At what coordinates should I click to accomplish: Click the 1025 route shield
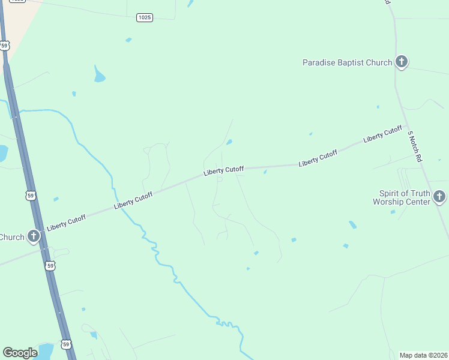pyautogui.click(x=144, y=17)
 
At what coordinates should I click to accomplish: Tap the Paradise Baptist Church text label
pyautogui.click(x=347, y=62)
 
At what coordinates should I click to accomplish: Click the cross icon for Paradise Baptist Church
pyautogui.click(x=402, y=62)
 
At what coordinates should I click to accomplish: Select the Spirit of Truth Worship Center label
pyautogui.click(x=405, y=197)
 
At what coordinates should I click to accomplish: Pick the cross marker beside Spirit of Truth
pyautogui.click(x=439, y=196)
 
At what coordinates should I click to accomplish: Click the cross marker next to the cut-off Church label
pyautogui.click(x=34, y=236)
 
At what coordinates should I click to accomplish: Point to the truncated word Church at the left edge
pyautogui.click(x=12, y=237)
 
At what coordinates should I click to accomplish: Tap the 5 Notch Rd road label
pyautogui.click(x=415, y=146)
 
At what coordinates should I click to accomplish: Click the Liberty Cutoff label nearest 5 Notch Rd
pyautogui.click(x=382, y=134)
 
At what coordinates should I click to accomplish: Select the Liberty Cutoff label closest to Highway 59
pyautogui.click(x=66, y=221)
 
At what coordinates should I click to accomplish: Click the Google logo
pyautogui.click(x=20, y=353)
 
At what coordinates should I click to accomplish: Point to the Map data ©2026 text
pyautogui.click(x=423, y=355)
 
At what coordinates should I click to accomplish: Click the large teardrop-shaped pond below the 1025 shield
pyautogui.click(x=99, y=75)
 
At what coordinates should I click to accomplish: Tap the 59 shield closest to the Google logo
pyautogui.click(x=66, y=344)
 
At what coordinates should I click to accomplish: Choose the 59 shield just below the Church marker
pyautogui.click(x=51, y=265)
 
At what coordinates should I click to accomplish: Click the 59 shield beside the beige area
pyautogui.click(x=5, y=45)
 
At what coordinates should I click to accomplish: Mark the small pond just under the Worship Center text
pyautogui.click(x=393, y=212)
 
